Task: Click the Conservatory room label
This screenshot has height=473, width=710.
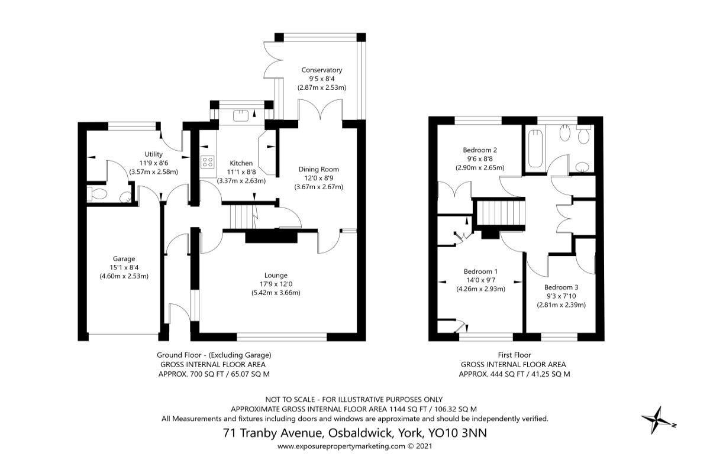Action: tap(321, 70)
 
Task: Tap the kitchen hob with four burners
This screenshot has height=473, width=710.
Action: tap(208, 161)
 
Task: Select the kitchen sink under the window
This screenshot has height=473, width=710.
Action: tap(241, 115)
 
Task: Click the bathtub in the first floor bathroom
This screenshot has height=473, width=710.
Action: tap(535, 147)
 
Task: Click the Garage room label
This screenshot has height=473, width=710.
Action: tap(124, 258)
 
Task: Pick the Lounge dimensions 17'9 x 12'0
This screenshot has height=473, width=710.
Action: tap(276, 284)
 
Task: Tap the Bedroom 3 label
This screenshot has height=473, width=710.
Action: tap(561, 287)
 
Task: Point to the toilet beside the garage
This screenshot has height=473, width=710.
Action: tap(97, 193)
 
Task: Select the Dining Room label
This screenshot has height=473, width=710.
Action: tap(318, 169)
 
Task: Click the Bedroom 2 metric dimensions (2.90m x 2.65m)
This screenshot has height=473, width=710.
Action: tap(480, 168)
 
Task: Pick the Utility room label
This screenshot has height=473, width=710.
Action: tap(153, 154)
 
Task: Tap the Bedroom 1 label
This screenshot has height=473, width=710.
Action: tap(480, 271)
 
